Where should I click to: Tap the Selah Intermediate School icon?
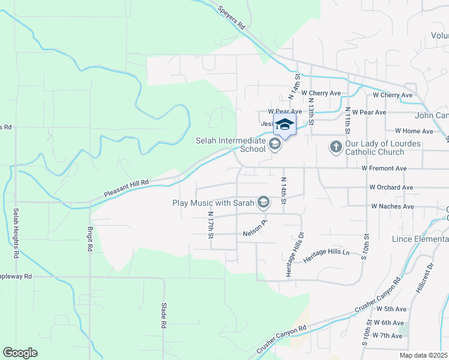pyautogui.click(x=275, y=144)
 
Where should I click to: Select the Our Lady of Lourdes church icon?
pyautogui.click(x=336, y=146)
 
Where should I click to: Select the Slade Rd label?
pyautogui.click(x=163, y=315)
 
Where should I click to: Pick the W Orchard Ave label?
pyautogui.click(x=391, y=187)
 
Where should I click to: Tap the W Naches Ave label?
pyautogui.click(x=393, y=206)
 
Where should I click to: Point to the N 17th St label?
pyautogui.click(x=211, y=224)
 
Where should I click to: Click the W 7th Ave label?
pyautogui.click(x=388, y=335)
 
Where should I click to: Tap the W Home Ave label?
pyautogui.click(x=414, y=131)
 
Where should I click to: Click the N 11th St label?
pyautogui.click(x=347, y=120)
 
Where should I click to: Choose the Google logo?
pyautogui.click(x=20, y=353)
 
